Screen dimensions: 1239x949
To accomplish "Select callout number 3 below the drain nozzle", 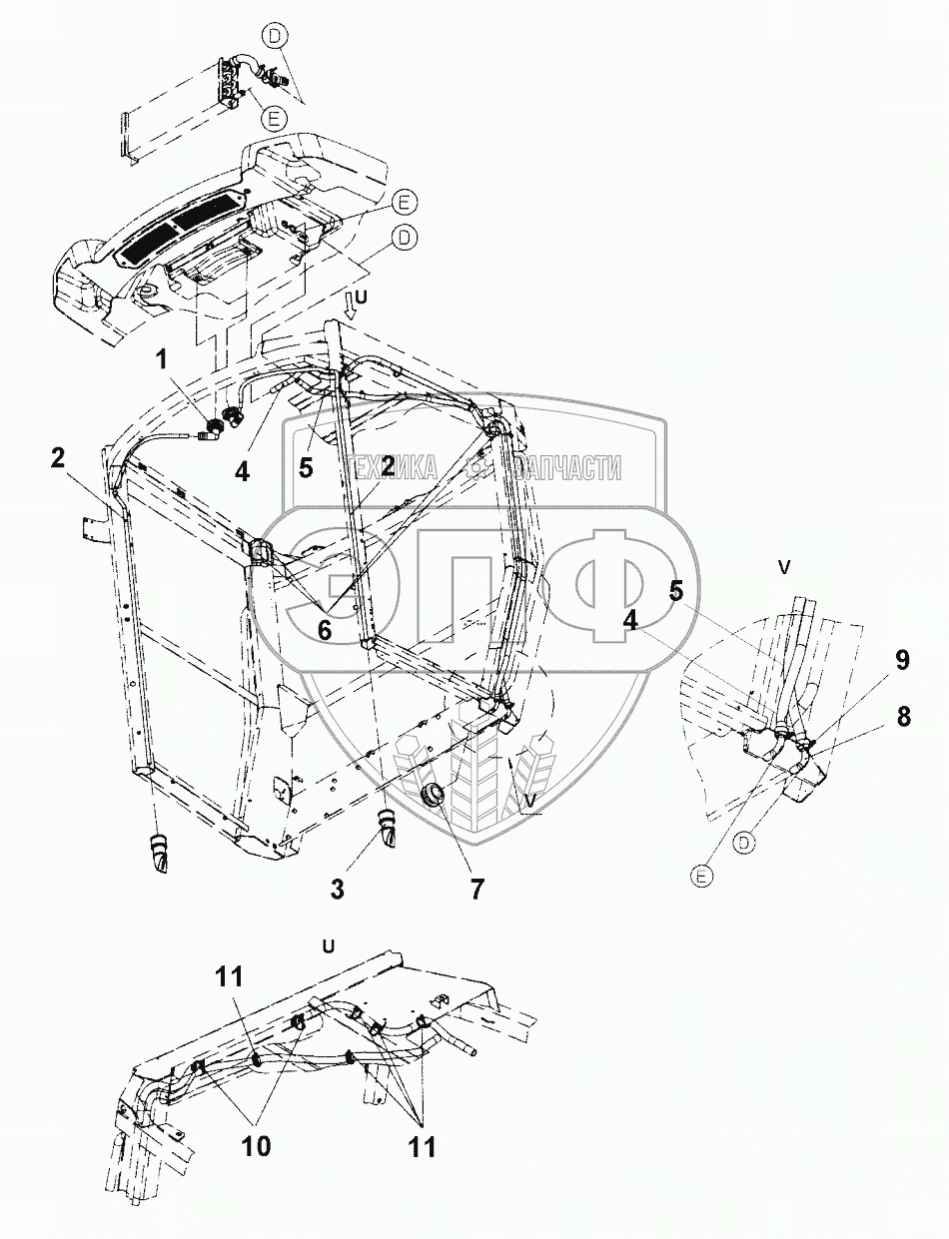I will coord(338,889).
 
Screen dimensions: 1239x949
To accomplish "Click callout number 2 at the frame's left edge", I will coord(59,458).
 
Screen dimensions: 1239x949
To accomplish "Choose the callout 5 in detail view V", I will coord(675,591).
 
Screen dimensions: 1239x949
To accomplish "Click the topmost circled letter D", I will coord(276,36).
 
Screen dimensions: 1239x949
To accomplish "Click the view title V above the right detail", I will coord(784,566).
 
